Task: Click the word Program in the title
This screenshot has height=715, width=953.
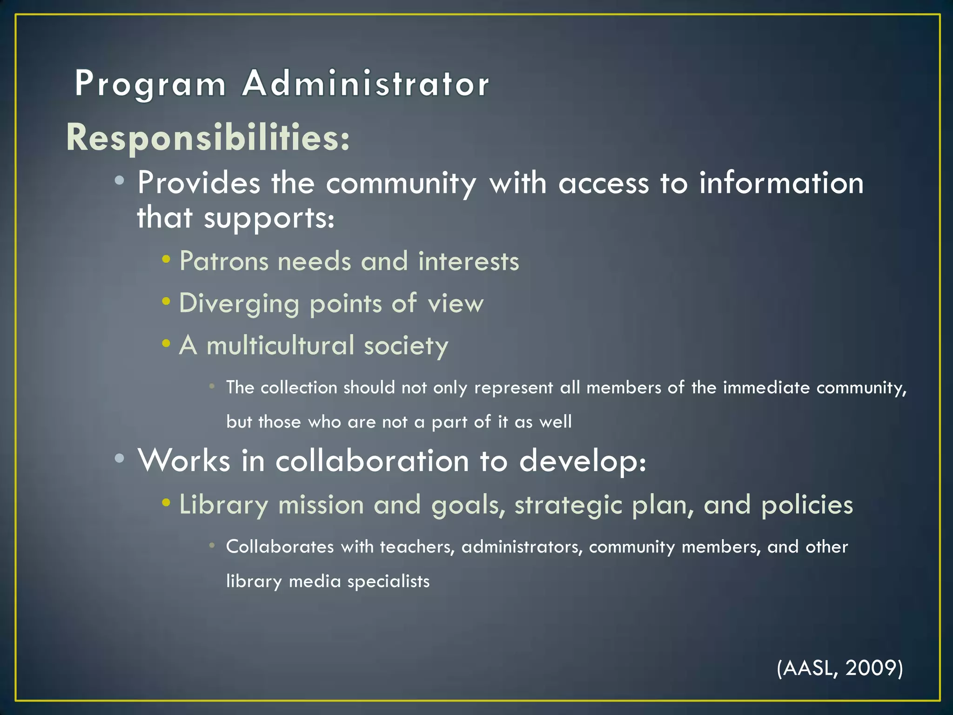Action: tap(150, 84)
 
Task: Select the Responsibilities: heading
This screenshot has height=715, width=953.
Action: tap(208, 138)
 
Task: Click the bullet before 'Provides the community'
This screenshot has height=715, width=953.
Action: tap(120, 181)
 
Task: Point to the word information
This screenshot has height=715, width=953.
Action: tap(781, 182)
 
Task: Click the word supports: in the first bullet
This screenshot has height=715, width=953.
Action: tap(269, 218)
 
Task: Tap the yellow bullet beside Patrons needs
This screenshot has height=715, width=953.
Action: tap(166, 259)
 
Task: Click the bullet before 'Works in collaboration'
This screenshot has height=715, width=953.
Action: tap(120, 459)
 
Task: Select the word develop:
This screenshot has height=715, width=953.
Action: tap(583, 461)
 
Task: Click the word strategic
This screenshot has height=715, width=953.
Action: tap(568, 506)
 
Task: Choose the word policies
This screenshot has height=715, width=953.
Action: tap(807, 505)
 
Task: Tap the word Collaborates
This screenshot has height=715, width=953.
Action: tap(280, 546)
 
